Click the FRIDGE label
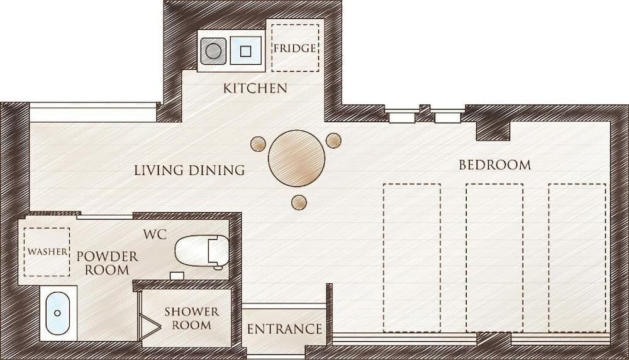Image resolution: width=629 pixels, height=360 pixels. click(x=294, y=48)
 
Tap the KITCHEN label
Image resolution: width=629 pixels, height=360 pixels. click(x=255, y=88)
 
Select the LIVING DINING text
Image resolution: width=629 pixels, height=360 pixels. click(x=189, y=170)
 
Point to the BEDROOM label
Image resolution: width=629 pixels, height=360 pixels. click(x=494, y=166)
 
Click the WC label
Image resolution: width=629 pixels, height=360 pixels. click(x=155, y=235)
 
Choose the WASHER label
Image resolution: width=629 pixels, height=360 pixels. click(x=47, y=252)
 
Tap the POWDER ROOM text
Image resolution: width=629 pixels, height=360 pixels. click(x=107, y=263)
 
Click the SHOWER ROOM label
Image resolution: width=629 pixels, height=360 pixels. click(x=191, y=318)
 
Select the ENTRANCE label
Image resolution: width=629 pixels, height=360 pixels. click(x=284, y=329)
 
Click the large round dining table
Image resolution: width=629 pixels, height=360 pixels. click(x=296, y=159)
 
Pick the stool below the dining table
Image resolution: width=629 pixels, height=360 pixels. click(x=299, y=202)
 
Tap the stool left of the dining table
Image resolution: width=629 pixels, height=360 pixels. click(x=258, y=144)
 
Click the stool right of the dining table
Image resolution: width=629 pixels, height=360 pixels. click(x=333, y=140)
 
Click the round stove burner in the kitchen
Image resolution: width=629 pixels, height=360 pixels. click(x=214, y=51)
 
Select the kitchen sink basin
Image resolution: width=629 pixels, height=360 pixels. click(x=246, y=51)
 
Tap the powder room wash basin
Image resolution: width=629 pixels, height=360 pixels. click(x=58, y=313)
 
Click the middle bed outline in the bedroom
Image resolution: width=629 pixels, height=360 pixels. click(x=494, y=257)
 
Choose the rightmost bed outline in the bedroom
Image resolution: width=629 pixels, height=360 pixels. click(x=577, y=257)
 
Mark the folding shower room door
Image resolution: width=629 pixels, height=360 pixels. click(x=149, y=325)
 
